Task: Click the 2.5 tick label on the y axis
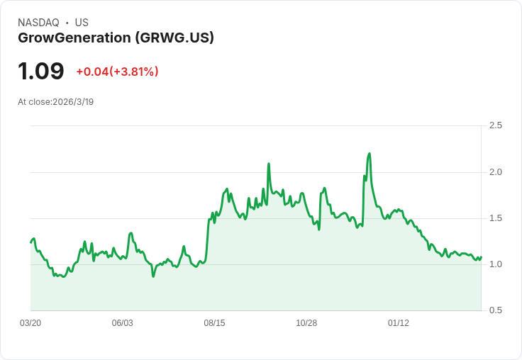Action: tap(495, 125)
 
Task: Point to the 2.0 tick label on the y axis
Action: tap(495, 172)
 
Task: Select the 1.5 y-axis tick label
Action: tap(495, 218)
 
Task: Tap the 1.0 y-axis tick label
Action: tap(495, 264)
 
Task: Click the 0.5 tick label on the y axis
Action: tap(495, 310)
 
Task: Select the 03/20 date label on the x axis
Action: tap(30, 323)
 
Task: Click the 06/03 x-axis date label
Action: tap(122, 323)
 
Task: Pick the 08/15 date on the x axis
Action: tap(214, 323)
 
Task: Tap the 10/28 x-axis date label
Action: tap(306, 323)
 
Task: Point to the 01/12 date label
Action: tap(399, 323)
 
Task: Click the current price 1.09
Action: tap(41, 72)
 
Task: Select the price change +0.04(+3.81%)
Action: tap(117, 72)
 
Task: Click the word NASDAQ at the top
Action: tap(38, 23)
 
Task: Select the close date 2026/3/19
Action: tap(73, 102)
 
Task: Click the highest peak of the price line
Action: tap(370, 154)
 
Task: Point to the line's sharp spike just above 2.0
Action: tap(269, 164)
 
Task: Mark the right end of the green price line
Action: tap(481, 257)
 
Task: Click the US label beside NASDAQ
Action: tap(82, 23)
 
